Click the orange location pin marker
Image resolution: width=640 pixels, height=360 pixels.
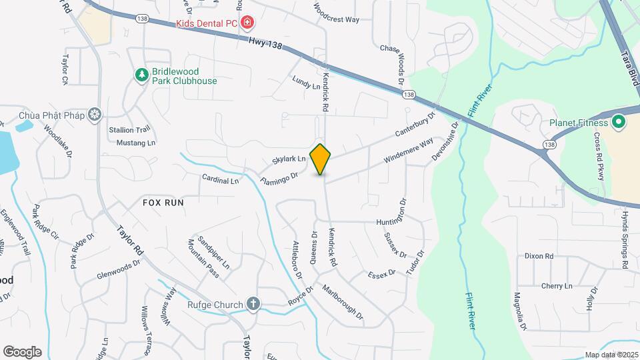[x=321, y=159]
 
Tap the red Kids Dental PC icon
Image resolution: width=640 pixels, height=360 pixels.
[x=248, y=23]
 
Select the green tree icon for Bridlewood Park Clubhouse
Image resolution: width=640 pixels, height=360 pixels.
[x=141, y=75]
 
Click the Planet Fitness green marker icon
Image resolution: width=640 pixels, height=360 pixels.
[x=617, y=123]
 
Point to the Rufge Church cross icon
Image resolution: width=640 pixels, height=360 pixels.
[x=253, y=305]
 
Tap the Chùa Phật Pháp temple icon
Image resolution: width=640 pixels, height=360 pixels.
[x=95, y=115]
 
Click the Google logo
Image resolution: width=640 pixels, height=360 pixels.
[x=22, y=352]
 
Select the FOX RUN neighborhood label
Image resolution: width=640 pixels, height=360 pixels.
[x=163, y=201]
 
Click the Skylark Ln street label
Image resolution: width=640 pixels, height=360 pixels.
[x=289, y=160]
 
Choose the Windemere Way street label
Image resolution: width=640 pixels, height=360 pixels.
[x=409, y=151]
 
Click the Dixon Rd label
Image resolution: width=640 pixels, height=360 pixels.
[x=539, y=256]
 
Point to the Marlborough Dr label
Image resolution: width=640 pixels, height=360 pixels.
[x=343, y=301]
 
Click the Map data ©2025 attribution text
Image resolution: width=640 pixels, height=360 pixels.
[x=611, y=355]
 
